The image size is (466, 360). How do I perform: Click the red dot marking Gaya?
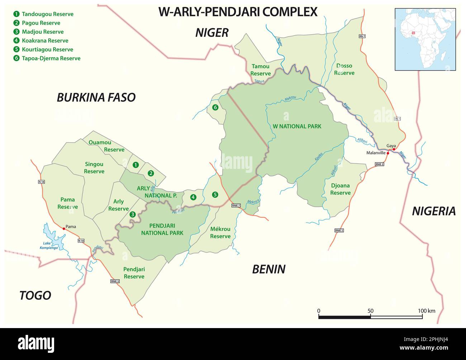click(x=394, y=149)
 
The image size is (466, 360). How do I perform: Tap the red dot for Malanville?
click(x=388, y=153)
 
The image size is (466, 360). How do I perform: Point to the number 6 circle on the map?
click(x=215, y=107)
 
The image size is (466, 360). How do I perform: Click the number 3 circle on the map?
click(x=133, y=214)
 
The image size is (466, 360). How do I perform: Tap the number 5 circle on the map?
click(x=215, y=195)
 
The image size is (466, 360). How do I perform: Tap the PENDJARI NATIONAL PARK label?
click(x=162, y=229)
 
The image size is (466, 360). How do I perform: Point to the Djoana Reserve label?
click(x=340, y=189)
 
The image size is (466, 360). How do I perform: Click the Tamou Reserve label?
click(x=260, y=70)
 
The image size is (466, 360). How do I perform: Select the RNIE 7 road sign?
click(x=236, y=205)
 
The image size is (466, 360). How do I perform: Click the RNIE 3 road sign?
click(x=115, y=281)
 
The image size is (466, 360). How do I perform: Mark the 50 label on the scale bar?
click(x=370, y=311)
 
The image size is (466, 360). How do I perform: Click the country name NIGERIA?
click(x=433, y=211)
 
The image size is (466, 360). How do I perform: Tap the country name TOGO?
click(x=35, y=295)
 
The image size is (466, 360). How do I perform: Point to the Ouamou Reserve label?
click(x=106, y=146)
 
